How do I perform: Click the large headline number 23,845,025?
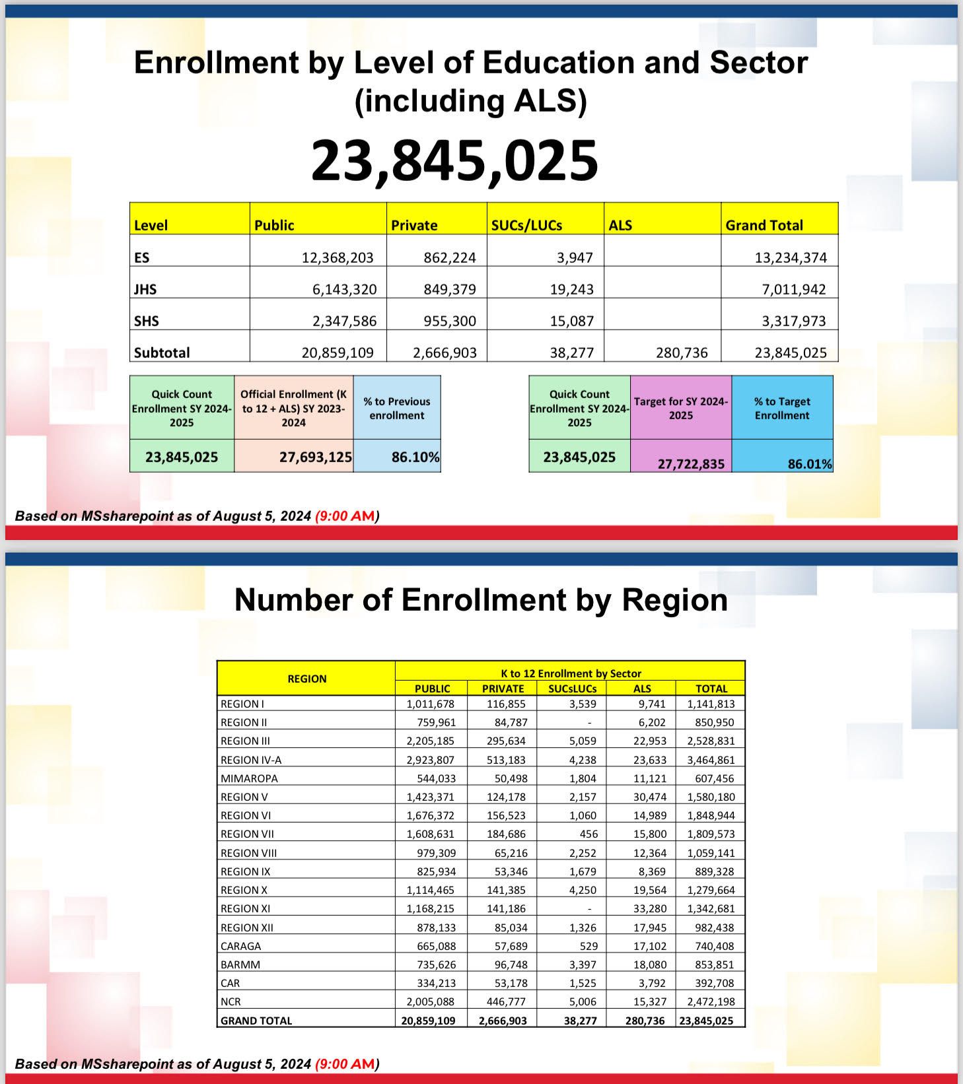[x=454, y=160]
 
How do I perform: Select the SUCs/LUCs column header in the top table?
[x=526, y=225]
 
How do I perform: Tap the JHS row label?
[x=145, y=289]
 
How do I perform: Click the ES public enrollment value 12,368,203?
[x=338, y=257]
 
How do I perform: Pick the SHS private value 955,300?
[x=449, y=321]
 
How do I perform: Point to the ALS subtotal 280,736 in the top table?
[x=682, y=353]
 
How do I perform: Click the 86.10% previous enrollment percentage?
[x=415, y=457]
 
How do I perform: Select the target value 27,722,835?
[x=691, y=463]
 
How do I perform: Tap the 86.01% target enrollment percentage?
[x=810, y=463]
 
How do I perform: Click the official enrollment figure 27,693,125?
[x=315, y=457]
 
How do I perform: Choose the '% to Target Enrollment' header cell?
[x=782, y=408]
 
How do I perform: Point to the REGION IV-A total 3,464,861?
[x=711, y=760]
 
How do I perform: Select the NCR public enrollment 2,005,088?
[x=430, y=1001]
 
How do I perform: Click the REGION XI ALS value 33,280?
[x=650, y=908]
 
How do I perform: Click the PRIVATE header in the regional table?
[x=503, y=689]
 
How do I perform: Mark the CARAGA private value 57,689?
[x=511, y=946]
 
